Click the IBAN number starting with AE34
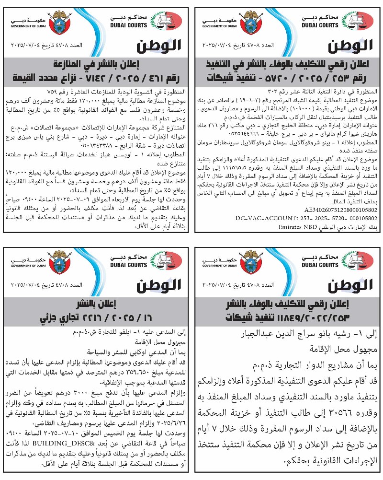click(340, 210)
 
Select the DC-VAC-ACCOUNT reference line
click(306, 218)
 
